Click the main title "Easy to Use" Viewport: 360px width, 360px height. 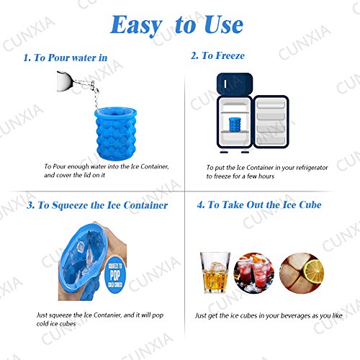click(x=176, y=25)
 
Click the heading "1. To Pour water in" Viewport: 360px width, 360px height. click(x=66, y=58)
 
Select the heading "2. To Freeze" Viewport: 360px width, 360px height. click(x=217, y=55)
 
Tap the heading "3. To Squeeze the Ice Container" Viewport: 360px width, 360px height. click(x=97, y=205)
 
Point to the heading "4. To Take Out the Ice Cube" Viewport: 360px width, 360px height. click(x=259, y=204)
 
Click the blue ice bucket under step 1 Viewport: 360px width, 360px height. click(x=116, y=133)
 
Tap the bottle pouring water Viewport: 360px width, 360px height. click(x=77, y=83)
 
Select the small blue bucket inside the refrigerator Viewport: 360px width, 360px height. click(x=235, y=125)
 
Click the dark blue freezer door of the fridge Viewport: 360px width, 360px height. click(x=235, y=84)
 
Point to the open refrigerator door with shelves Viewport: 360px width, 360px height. click(x=271, y=122)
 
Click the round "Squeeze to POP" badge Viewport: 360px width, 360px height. click(x=115, y=275)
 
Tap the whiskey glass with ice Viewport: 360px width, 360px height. click(x=215, y=272)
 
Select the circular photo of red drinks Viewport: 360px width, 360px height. click(x=254, y=273)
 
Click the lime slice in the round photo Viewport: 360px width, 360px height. click(x=314, y=271)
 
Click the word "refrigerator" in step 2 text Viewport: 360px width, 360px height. click(x=312, y=168)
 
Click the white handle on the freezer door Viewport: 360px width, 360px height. click(x=225, y=84)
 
